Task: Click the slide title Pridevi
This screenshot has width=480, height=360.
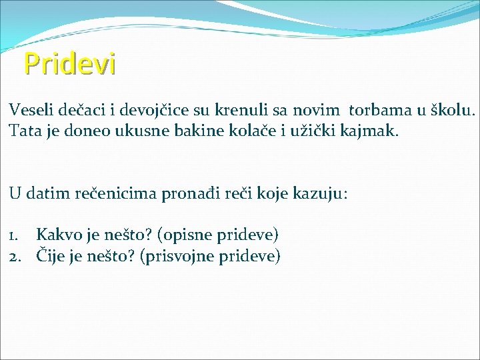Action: [69, 64]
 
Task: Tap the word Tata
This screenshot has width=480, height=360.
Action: [24, 131]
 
